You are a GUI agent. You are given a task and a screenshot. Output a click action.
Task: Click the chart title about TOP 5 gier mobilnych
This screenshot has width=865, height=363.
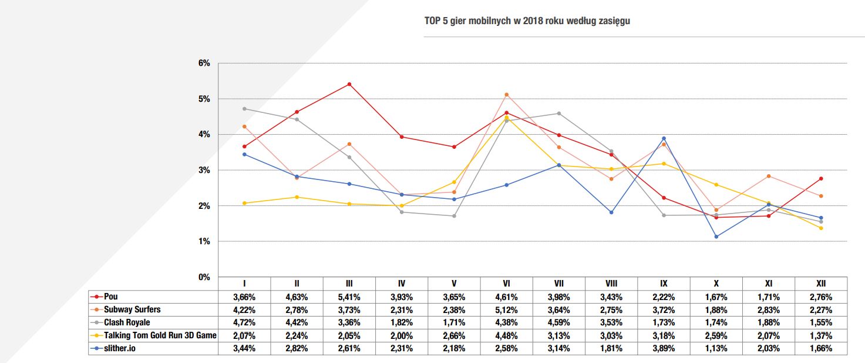coord(527,21)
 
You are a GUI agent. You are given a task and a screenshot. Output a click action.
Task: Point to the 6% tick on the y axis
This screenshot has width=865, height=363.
coord(204,63)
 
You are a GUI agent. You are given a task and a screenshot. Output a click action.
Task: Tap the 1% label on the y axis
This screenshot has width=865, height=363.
coord(204,241)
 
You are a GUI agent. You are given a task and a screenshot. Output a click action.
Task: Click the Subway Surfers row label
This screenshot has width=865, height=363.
coord(132,309)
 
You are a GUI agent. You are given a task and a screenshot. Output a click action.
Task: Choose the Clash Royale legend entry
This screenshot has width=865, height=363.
coord(126,322)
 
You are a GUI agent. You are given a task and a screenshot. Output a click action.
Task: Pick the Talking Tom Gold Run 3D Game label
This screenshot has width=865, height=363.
coord(159,335)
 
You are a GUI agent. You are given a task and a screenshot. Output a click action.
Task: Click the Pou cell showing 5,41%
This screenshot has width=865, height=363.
coord(349,297)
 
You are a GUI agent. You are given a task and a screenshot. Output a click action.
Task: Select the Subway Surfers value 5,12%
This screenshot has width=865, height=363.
coord(506,310)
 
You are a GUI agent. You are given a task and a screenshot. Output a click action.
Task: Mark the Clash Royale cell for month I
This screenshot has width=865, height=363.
coord(244,323)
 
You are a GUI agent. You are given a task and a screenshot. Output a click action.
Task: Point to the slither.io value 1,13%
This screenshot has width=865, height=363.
coord(716,349)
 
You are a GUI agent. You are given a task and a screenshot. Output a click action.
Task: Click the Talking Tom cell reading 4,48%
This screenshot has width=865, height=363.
coord(506,336)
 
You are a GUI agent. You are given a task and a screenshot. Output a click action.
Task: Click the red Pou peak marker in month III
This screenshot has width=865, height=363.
coord(349,84)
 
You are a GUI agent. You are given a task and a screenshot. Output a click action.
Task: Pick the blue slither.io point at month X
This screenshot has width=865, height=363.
coord(716,237)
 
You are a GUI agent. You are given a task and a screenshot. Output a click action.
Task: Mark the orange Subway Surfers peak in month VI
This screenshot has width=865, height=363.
coord(506,94)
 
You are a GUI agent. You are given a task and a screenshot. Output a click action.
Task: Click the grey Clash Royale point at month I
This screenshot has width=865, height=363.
coord(244,109)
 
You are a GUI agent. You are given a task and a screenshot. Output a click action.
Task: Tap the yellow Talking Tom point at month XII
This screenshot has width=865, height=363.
coord(820,228)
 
